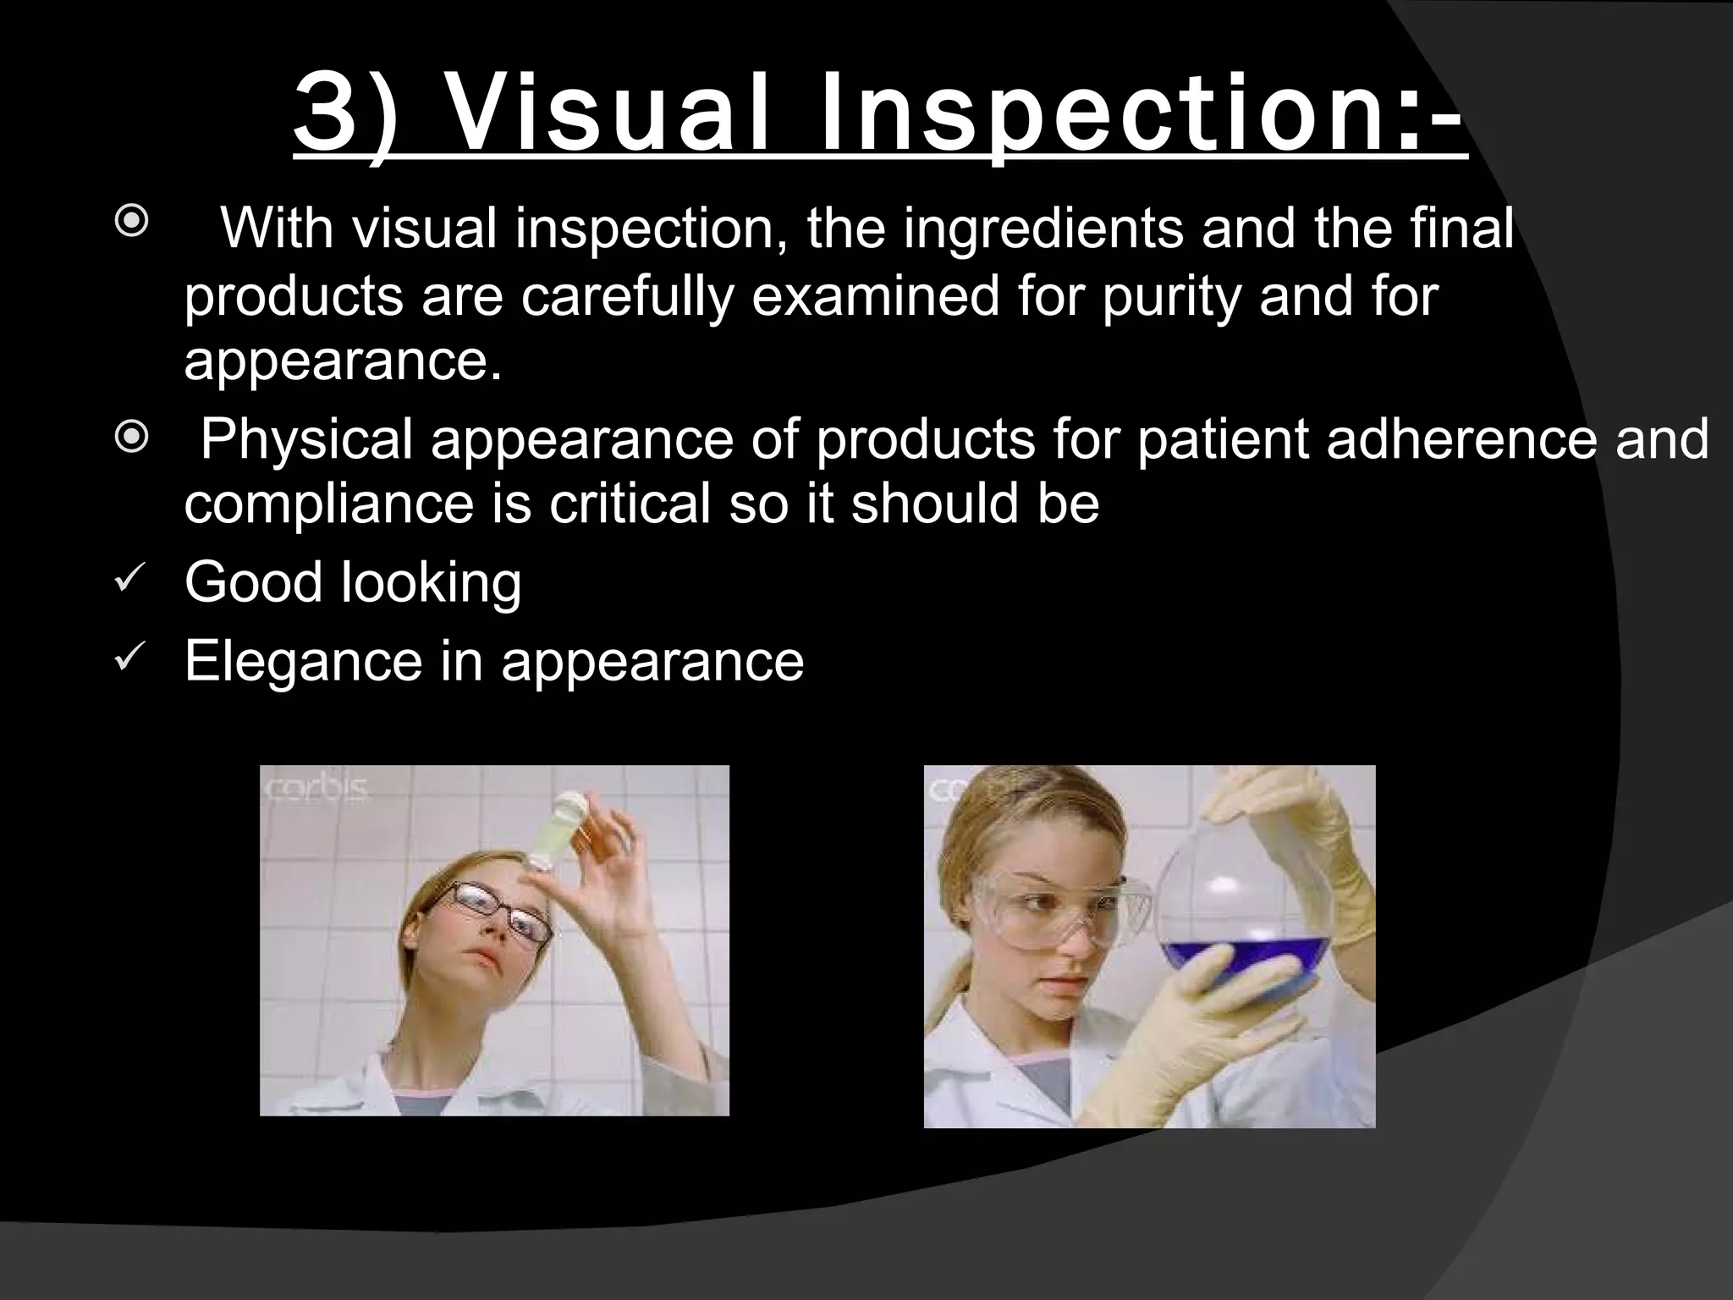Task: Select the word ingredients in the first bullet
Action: coord(1043,229)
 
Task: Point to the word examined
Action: coord(876,296)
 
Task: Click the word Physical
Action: coord(306,440)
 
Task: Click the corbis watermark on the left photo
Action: coord(317,788)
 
